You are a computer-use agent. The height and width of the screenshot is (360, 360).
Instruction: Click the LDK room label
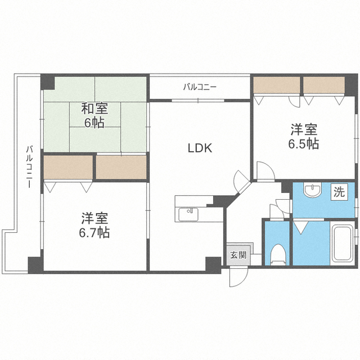click(199, 148)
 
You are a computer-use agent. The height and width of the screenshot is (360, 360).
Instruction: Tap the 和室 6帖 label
click(94, 115)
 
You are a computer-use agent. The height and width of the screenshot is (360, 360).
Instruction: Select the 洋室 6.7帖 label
click(94, 224)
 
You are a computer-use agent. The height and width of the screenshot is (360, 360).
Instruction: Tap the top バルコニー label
click(200, 87)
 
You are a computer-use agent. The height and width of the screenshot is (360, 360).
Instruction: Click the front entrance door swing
click(238, 277)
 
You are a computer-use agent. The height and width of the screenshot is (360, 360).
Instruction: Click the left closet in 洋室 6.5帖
click(276, 84)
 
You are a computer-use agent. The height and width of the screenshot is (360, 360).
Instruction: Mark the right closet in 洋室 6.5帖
click(323, 84)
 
